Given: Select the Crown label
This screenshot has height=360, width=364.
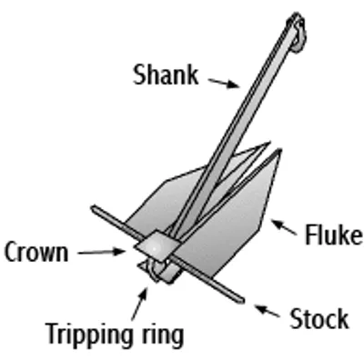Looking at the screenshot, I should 35,252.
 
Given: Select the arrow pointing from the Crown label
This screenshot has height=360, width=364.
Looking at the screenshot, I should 102,252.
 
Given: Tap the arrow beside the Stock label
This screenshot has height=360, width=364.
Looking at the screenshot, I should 267,311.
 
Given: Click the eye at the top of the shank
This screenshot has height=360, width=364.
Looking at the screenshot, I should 297,25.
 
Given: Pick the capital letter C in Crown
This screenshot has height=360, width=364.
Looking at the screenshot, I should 12,252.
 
